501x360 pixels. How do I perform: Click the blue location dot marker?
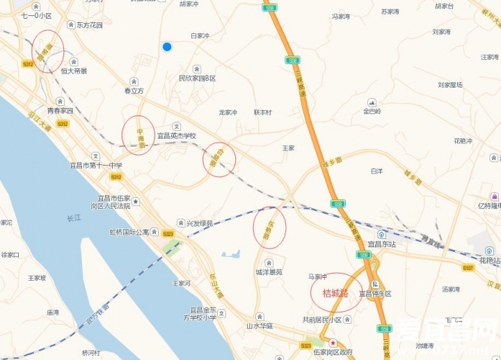coord(167,47)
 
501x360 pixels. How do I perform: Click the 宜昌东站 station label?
coord(381,244)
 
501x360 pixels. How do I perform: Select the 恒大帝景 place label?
coord(74,70)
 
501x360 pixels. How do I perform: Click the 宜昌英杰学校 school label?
coord(176,136)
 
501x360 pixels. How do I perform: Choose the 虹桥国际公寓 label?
coord(129,233)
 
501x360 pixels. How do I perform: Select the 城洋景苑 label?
coord(269,272)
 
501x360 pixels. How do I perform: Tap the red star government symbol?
coord(333,343)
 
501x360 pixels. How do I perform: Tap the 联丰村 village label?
coord(262,112)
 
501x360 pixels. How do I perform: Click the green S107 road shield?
coord(468,267)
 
